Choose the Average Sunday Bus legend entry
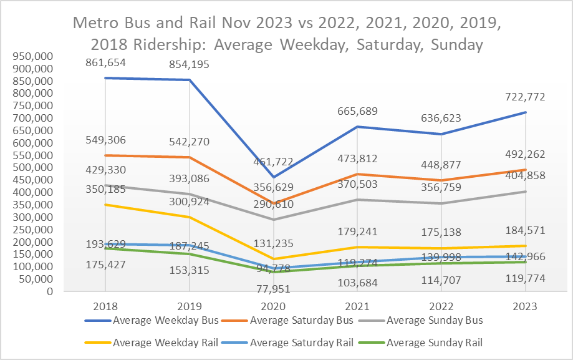click(x=435, y=321)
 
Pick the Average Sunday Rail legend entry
click(x=435, y=342)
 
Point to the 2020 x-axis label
click(x=273, y=307)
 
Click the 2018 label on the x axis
click(x=105, y=307)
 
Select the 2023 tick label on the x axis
click(x=526, y=307)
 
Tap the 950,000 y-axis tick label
click(x=36, y=57)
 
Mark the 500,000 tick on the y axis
click(x=36, y=168)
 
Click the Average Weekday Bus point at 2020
click(x=273, y=177)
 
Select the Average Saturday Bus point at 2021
click(x=357, y=174)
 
